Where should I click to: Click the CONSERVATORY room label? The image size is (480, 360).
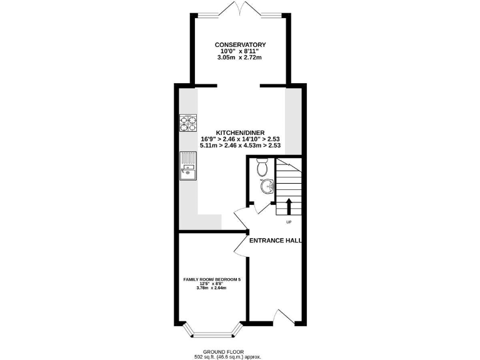pyautogui.click(x=240, y=44)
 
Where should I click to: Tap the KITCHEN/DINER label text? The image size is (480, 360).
pyautogui.click(x=240, y=132)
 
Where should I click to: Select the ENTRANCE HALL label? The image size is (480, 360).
pyautogui.click(x=275, y=240)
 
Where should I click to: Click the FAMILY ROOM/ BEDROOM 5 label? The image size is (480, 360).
pyautogui.click(x=211, y=279)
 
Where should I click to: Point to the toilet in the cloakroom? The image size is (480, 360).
pyautogui.click(x=262, y=167)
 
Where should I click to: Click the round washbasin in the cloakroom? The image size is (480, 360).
pyautogui.click(x=267, y=186)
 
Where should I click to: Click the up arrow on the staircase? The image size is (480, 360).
pyautogui.click(x=288, y=207)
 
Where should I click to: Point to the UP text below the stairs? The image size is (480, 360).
pyautogui.click(x=288, y=222)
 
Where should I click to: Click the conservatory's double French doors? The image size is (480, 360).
pyautogui.click(x=240, y=9)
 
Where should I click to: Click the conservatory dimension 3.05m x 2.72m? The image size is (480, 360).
pyautogui.click(x=240, y=58)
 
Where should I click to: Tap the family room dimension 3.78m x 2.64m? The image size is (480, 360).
pyautogui.click(x=211, y=287)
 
